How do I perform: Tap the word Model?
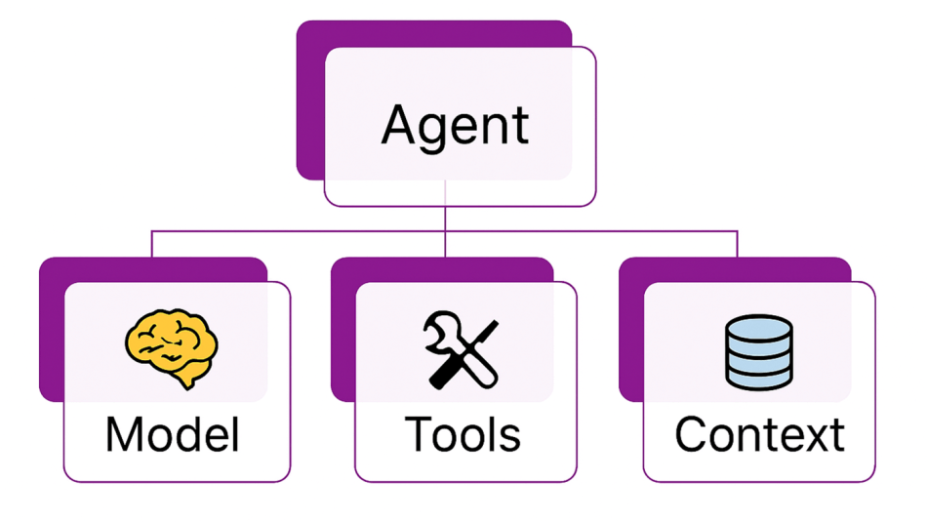pos(173,434)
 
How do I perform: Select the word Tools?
pos(463,434)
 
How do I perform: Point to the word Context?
pos(760,434)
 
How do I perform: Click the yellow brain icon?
pos(172,348)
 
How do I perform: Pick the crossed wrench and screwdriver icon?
pos(462,350)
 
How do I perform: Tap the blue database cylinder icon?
pos(759,352)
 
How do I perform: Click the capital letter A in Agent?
pos(402,124)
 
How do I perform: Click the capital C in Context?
pos(692,434)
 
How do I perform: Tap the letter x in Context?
pos(813,439)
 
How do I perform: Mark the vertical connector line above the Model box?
pos(152,244)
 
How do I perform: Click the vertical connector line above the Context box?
pos(738,244)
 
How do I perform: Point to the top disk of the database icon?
pos(759,327)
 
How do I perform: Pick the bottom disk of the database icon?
pos(759,379)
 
